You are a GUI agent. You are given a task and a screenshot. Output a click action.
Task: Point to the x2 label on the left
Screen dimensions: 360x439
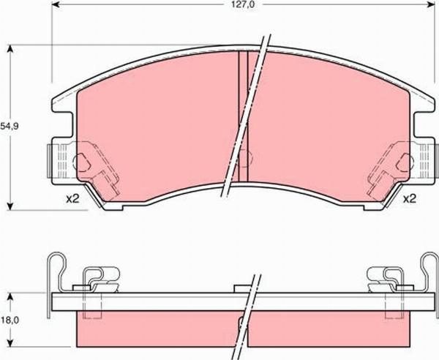(x=71, y=198)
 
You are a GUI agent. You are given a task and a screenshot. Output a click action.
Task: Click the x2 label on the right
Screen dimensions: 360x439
(x=409, y=198)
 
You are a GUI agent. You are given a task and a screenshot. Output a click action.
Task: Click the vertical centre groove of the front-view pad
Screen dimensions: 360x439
(x=244, y=117)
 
